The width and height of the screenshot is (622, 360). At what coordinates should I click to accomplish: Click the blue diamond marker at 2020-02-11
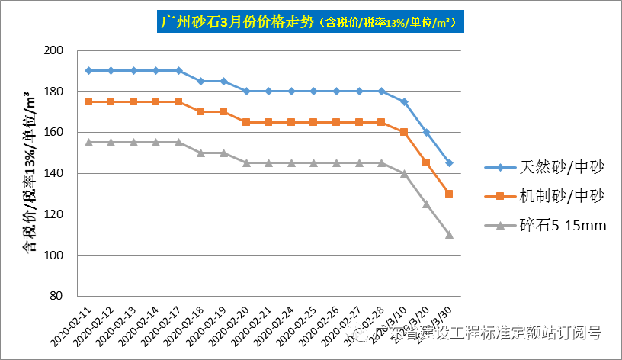point(88,70)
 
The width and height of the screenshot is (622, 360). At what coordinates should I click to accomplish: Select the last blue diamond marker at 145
point(449,162)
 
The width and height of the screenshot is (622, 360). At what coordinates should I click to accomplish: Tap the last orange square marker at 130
point(449,194)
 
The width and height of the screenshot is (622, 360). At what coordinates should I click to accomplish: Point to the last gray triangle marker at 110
point(449,234)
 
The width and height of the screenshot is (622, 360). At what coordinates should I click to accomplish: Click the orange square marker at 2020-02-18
point(200,111)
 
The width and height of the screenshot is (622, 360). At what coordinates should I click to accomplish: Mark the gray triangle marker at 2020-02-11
point(88,142)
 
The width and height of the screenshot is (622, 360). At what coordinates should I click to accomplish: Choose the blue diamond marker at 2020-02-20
point(246,91)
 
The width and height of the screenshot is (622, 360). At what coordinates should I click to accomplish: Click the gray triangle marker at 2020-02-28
point(381,162)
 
